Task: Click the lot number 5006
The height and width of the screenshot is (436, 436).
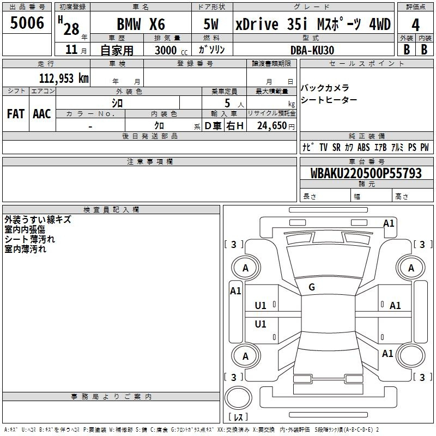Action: point(27,22)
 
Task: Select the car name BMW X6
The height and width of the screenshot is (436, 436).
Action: point(141,24)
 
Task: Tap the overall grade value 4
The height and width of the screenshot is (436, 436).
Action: point(415,25)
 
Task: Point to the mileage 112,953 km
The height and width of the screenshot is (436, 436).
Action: point(64,78)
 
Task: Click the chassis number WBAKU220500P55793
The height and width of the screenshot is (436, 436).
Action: point(366,173)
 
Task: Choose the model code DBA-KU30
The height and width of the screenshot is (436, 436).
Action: point(312,50)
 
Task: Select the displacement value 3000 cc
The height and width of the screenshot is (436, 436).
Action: point(171,50)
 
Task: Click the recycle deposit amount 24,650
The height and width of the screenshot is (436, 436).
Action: point(272,126)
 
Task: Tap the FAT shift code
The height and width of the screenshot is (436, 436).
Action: point(16,114)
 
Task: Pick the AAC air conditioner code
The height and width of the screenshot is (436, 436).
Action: point(42,114)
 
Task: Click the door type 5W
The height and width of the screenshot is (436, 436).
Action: point(211,24)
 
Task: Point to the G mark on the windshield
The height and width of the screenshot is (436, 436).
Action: point(312,287)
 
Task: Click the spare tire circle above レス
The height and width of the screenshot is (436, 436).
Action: point(238,398)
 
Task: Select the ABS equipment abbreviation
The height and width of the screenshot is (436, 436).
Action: point(364,147)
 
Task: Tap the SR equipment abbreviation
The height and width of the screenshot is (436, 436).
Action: point(336,147)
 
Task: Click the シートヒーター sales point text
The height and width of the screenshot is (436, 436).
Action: point(329,100)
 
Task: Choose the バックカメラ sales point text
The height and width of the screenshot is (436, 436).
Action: point(325,88)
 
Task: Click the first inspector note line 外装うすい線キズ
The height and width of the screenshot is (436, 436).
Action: point(38,220)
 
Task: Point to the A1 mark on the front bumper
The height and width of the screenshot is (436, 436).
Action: point(389,223)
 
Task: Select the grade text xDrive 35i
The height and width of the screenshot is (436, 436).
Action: point(271,24)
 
